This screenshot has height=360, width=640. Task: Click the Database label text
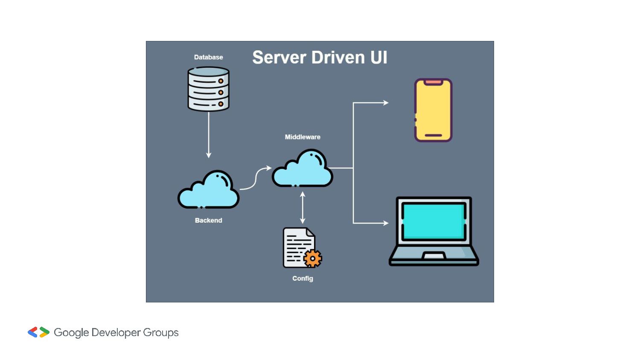point(208,57)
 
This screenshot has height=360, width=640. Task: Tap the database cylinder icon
point(208,89)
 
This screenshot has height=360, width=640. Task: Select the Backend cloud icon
point(209,192)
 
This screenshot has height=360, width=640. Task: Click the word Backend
point(208,221)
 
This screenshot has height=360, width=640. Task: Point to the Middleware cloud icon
point(303,170)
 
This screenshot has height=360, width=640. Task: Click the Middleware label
point(303,137)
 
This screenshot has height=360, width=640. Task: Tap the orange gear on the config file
point(313,258)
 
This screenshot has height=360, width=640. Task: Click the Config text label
point(303,279)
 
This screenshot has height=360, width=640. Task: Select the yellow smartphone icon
point(433,110)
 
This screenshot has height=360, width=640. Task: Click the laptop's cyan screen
point(433,221)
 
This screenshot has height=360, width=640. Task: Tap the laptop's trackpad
point(433,256)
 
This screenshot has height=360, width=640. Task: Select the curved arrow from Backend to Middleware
point(255,178)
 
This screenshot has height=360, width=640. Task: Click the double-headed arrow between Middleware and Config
point(303,208)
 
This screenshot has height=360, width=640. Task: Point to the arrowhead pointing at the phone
point(386,103)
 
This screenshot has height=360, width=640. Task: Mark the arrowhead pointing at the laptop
point(386,223)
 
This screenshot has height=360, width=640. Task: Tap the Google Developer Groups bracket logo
point(38,332)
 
